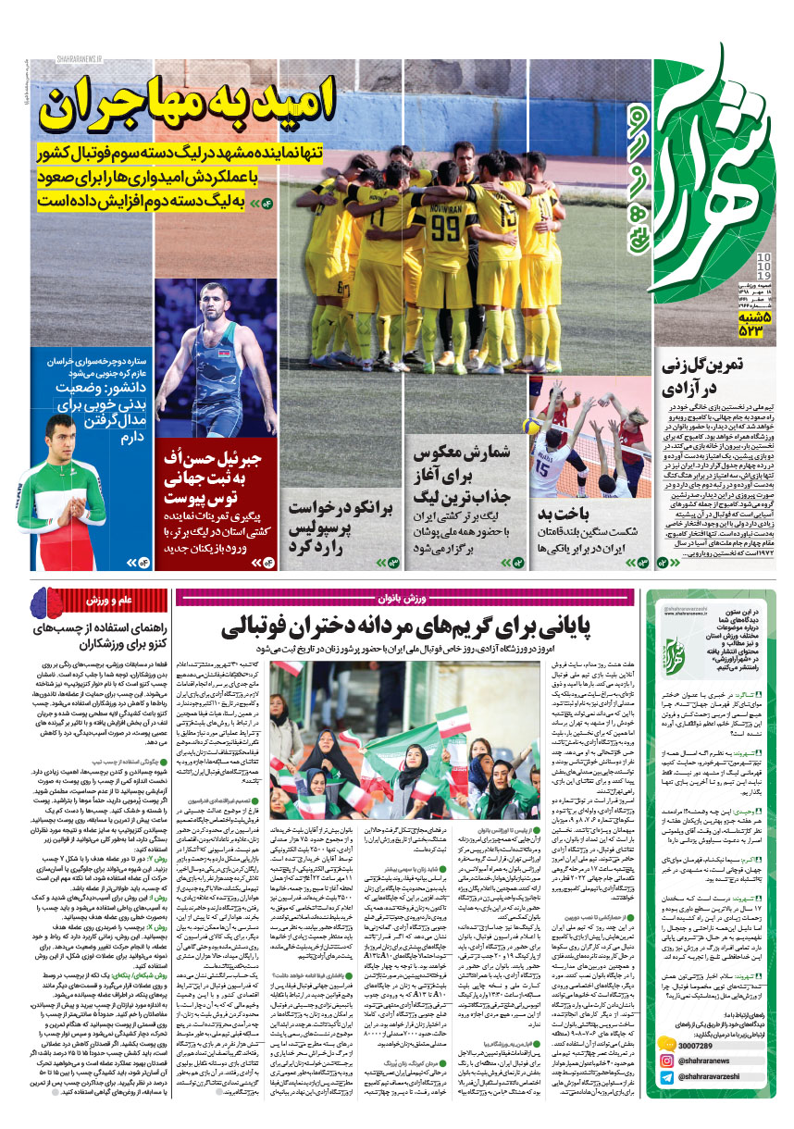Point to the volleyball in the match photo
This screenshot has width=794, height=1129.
click(x=532, y=427)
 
